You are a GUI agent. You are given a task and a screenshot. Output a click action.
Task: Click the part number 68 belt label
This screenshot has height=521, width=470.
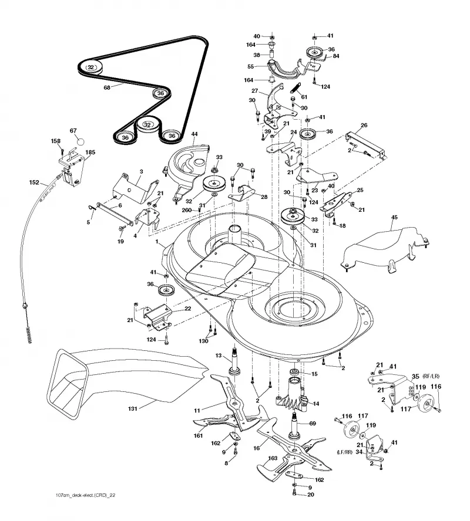click(x=107, y=88)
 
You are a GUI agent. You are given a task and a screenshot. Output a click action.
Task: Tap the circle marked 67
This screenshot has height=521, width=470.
click(x=81, y=141)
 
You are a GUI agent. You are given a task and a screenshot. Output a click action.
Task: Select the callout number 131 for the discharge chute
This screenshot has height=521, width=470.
click(x=133, y=408)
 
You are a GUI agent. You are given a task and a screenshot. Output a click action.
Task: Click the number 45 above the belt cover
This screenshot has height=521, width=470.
click(x=394, y=217)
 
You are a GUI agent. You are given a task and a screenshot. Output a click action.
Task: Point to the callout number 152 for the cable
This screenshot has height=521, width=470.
click(x=34, y=182)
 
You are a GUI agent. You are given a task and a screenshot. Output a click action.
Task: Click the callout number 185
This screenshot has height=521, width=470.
click(x=90, y=152)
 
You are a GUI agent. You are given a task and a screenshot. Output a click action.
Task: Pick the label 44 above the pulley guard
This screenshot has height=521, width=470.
click(x=194, y=134)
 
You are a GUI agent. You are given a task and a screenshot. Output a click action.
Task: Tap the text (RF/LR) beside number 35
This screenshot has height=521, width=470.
click(x=431, y=377)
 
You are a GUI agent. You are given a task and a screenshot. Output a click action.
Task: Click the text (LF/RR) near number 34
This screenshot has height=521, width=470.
click(x=344, y=452)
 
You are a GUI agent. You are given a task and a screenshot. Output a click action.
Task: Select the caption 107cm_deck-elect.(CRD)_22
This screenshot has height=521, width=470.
click(x=86, y=495)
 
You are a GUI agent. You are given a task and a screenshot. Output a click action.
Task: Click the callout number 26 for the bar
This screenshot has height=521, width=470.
click(x=364, y=126)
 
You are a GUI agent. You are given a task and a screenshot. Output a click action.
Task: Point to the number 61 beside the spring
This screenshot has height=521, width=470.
click(x=304, y=97)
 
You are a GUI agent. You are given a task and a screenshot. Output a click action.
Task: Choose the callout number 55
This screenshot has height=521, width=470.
click(x=251, y=66)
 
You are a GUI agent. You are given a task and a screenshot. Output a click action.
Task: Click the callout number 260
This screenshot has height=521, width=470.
click(x=187, y=210)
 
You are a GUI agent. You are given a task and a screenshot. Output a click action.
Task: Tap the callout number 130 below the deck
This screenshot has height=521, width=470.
click(x=203, y=341)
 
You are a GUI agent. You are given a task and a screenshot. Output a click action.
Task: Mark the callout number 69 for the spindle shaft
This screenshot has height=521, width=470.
click(x=313, y=424)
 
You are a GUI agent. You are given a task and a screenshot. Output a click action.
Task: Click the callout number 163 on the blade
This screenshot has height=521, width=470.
click(x=273, y=458)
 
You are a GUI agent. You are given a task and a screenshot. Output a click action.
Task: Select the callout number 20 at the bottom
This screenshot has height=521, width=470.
click(x=311, y=495)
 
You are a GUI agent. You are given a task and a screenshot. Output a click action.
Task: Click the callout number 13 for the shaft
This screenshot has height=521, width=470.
click(x=219, y=356)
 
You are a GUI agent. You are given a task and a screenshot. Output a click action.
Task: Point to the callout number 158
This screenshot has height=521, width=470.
click(x=56, y=141)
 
